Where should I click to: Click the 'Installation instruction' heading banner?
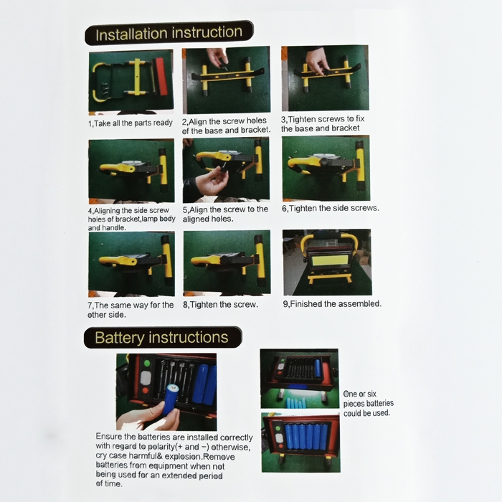(169, 33)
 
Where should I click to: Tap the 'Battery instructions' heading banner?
(163, 338)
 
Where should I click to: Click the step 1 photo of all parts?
(131, 81)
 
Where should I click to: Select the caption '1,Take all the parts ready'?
(131, 123)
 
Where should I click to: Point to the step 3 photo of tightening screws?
(325, 78)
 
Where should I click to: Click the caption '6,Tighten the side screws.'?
(331, 209)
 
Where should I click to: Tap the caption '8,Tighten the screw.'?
(220, 305)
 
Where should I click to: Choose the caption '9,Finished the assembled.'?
(332, 304)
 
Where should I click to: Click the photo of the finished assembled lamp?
(327, 262)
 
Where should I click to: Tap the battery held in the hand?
(171, 399)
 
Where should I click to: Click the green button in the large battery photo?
(147, 364)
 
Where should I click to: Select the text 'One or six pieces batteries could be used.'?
(368, 403)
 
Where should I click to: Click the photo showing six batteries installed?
(301, 442)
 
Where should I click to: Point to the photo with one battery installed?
(299, 379)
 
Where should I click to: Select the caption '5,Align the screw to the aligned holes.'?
(225, 214)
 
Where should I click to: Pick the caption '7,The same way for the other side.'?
(131, 310)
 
